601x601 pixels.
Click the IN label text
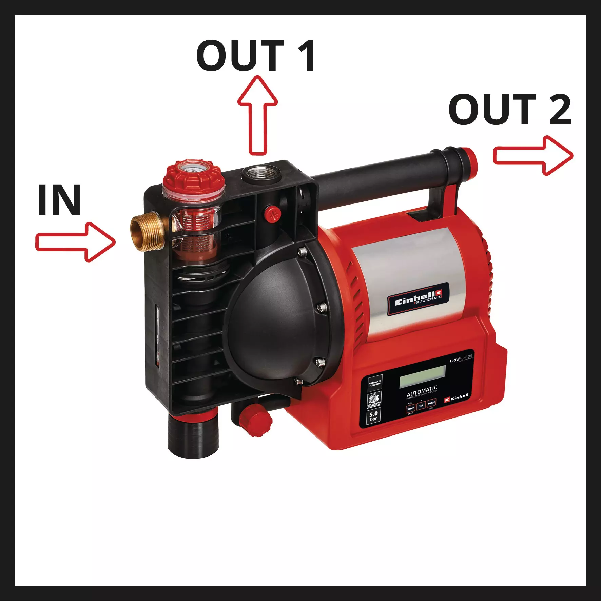(x=59, y=200)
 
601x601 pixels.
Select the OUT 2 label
(x=510, y=110)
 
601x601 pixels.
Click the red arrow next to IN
(x=76, y=242)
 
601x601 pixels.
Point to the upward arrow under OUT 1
(x=257, y=115)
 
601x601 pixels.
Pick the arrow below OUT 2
(x=533, y=156)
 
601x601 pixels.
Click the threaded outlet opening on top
(x=260, y=173)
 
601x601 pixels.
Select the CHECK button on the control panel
(x=411, y=409)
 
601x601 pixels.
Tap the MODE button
(x=431, y=403)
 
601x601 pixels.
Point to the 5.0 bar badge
(x=373, y=416)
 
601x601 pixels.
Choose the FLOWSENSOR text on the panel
(x=461, y=358)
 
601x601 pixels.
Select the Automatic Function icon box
(x=375, y=383)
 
